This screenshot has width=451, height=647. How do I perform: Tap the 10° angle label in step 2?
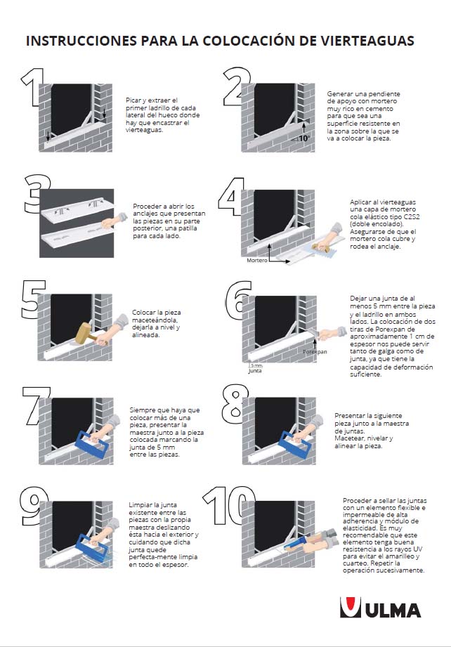click(x=304, y=139)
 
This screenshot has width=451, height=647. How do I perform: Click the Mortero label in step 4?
click(x=258, y=260)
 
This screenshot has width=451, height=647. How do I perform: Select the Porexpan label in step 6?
click(x=315, y=351)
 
